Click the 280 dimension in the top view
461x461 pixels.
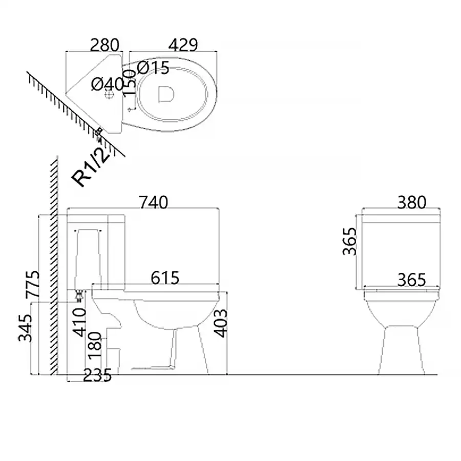click(x=104, y=45)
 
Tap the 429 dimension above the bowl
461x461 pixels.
click(x=183, y=45)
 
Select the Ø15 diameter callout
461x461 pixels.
click(x=153, y=68)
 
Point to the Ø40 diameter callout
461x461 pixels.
click(x=108, y=84)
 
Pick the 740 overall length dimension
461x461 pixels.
click(x=153, y=202)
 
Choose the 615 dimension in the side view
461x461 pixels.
click(x=165, y=278)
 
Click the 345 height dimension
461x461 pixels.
click(x=25, y=328)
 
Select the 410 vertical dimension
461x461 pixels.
click(x=79, y=322)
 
